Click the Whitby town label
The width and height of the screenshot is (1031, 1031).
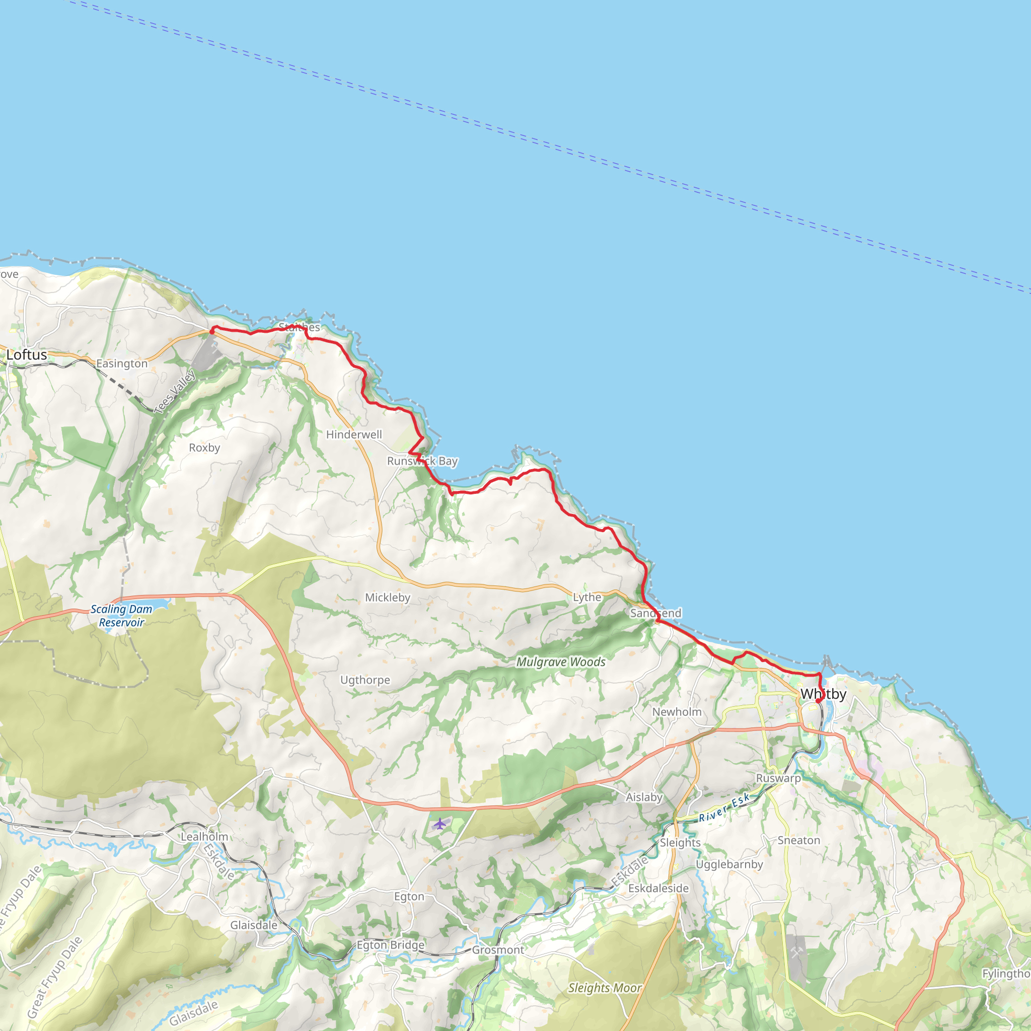823,694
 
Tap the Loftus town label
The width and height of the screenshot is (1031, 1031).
27,355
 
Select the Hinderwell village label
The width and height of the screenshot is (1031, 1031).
354,434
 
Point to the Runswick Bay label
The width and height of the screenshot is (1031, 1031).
422,461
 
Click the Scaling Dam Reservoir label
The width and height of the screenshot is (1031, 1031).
121,615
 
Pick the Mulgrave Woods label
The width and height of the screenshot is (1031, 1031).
561,661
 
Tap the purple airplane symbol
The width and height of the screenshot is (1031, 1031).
439,824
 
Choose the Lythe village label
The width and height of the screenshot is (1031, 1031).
587,597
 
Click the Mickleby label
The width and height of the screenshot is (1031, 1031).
388,598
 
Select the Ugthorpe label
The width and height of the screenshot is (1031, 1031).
365,680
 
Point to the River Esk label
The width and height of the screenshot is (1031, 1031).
723,808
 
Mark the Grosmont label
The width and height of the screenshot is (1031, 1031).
498,950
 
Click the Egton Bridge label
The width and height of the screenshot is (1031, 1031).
391,945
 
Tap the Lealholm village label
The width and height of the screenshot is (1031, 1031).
204,837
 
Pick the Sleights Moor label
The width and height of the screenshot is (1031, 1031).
605,988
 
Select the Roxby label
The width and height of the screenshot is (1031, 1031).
204,448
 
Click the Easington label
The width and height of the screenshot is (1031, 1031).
122,363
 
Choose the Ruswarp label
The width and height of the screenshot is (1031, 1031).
778,778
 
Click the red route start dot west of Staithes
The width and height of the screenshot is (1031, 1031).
212,331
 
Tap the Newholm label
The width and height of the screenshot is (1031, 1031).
677,712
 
